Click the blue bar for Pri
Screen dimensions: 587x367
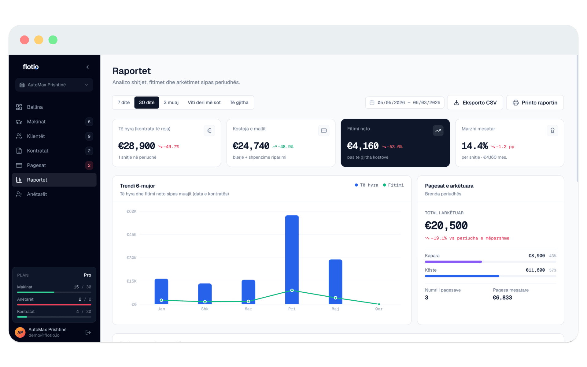(292, 260)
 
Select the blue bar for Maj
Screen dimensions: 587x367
(335, 282)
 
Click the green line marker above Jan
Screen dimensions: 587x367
(161, 300)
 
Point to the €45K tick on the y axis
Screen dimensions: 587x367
(131, 235)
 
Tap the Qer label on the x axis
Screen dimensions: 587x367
(379, 309)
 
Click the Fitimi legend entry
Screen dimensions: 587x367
(393, 185)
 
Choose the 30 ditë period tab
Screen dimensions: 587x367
(147, 102)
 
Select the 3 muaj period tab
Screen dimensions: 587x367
(171, 102)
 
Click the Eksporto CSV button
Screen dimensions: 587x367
(475, 102)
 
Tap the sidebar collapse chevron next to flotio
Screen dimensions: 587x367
(87, 67)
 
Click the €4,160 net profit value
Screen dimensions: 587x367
(363, 146)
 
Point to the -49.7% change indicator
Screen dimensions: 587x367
(169, 147)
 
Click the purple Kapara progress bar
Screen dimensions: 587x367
(453, 262)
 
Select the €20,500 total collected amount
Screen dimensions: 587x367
(446, 226)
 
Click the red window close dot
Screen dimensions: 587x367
(24, 40)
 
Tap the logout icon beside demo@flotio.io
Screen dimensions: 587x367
(88, 332)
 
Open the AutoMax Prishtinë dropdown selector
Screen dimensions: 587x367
(54, 85)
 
